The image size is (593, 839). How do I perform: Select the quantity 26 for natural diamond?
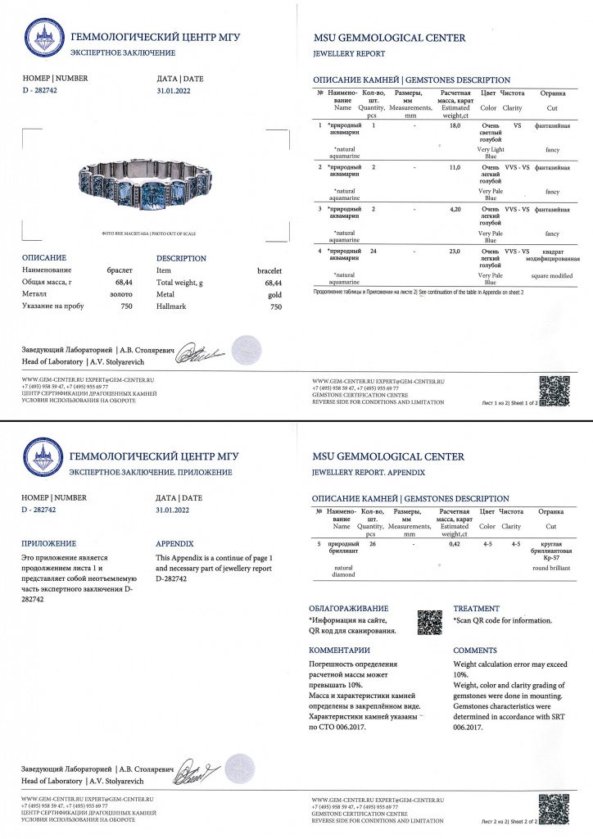(373, 543)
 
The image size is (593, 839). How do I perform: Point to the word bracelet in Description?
(269, 270)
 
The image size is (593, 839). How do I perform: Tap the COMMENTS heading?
(475, 650)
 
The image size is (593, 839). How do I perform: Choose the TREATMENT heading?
(476, 609)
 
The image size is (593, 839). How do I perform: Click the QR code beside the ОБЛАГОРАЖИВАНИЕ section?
(430, 623)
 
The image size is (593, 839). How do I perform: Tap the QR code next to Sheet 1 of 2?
(554, 388)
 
